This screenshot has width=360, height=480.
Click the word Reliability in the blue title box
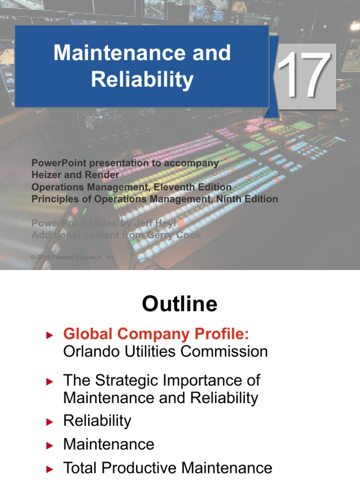[142, 79]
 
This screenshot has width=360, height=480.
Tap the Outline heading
[180, 304]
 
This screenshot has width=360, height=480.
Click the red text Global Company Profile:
[156, 334]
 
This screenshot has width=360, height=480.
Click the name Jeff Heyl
[155, 224]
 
